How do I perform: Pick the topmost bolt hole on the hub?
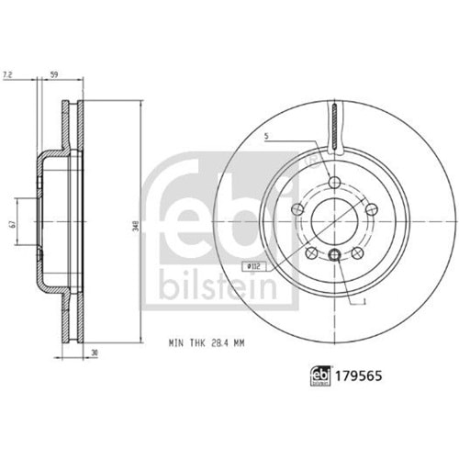(334, 180)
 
